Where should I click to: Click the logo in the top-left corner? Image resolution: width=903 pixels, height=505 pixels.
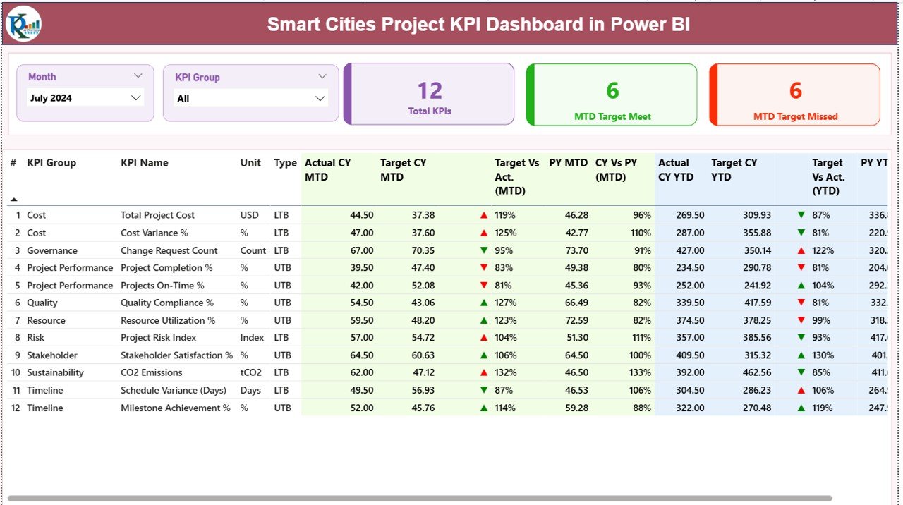tap(23, 25)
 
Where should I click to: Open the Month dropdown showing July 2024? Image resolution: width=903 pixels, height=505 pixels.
tap(85, 98)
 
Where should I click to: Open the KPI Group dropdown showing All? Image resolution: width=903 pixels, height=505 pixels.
tap(250, 99)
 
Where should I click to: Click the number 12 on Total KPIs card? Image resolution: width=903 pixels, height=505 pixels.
tap(429, 90)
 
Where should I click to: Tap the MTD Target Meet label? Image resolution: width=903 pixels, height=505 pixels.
tap(612, 116)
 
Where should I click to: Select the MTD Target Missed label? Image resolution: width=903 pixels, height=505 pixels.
tap(795, 116)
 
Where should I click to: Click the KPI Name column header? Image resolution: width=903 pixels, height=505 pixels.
tap(145, 163)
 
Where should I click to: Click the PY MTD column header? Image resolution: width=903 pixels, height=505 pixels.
tap(568, 163)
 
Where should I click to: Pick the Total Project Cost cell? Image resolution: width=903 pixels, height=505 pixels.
tap(157, 215)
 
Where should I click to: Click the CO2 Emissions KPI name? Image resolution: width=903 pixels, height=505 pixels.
tap(151, 372)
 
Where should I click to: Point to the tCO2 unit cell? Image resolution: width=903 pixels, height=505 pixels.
tap(250, 372)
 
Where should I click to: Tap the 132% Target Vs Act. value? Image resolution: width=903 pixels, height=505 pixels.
tap(505, 372)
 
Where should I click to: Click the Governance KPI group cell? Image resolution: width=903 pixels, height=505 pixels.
tap(52, 250)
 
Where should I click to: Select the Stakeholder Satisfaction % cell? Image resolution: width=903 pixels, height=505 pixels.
tap(176, 355)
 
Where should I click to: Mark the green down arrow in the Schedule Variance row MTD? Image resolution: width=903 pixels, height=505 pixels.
tap(483, 390)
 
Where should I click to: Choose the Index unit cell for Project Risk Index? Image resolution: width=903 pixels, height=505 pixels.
tap(252, 338)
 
